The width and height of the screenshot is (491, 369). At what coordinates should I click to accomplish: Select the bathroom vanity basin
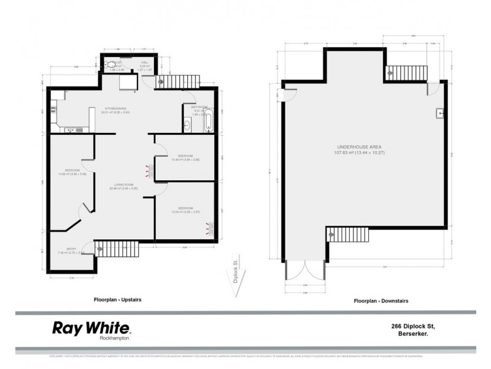point(187,125)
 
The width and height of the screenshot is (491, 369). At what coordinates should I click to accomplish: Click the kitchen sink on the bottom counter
point(69,130)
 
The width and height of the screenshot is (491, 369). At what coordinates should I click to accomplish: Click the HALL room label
point(145,62)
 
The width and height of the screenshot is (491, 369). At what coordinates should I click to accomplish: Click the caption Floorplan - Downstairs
point(381,301)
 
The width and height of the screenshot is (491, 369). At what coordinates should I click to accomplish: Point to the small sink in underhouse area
point(440,113)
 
